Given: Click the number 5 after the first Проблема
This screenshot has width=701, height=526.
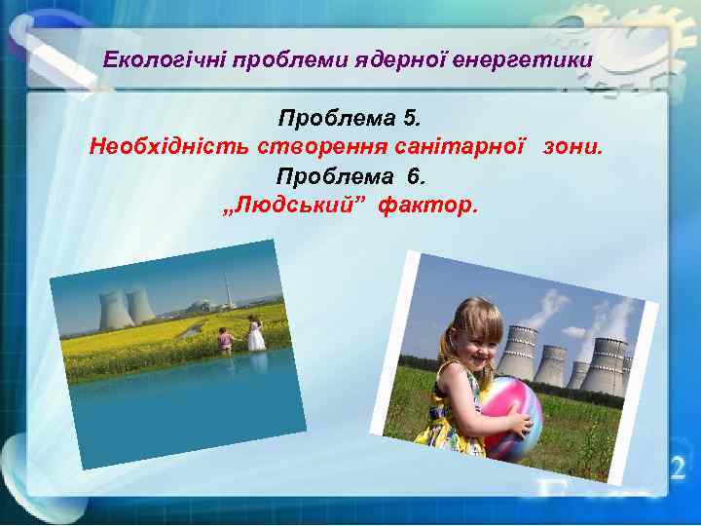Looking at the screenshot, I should (412, 121).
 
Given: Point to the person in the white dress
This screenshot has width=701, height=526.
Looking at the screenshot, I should (255, 334).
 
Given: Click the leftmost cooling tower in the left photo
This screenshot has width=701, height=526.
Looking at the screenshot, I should (116, 310).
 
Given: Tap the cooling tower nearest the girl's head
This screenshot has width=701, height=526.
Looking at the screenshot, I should (518, 353).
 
